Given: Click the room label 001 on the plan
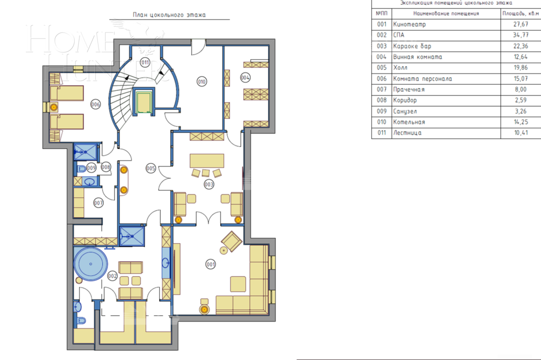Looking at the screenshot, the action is point(210,264).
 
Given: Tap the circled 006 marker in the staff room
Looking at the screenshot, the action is point(95,104).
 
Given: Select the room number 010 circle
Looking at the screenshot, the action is point(201,82).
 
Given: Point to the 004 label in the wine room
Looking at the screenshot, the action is point(245,78).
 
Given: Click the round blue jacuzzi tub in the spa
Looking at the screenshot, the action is point(91,264).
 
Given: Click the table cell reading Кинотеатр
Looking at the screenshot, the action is point(410,24).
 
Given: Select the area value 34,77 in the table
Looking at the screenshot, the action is point(520,35).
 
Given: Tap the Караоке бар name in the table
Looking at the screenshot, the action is point(412,46).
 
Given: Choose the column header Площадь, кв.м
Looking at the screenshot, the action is point(520,14).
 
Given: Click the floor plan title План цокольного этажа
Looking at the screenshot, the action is point(169,15).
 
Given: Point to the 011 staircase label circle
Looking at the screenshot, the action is point(145,63).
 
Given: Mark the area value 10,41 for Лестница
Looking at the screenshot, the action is point(520,133).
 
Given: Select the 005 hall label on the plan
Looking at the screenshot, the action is point(150,168).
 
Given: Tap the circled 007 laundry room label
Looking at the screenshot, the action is point(98,203).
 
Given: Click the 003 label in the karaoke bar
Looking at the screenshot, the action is point(209,184).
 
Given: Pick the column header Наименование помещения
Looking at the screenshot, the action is point(446,14).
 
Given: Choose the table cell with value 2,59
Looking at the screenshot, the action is point(520,101).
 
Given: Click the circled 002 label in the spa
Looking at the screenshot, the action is point(112,276).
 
